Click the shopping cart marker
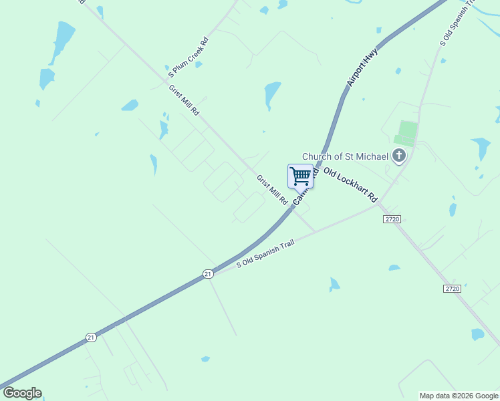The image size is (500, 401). pos(301,176)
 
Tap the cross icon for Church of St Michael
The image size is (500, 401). pos(398,156)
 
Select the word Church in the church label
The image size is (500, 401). pos(318,156)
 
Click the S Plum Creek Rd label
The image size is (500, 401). pos(188,53)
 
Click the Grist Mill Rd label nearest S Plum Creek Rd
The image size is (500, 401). pos(183,100)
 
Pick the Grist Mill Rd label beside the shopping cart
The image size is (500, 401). pos(272,190)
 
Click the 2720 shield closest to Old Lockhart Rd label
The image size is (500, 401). pos(392,219)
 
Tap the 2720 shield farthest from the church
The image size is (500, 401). pos(452,288)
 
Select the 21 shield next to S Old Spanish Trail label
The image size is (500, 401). pos(209,273)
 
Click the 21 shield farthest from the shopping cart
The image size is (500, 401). pos(91,338)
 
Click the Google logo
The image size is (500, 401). pos(22,393)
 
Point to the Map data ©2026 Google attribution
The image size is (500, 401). pos(459,396)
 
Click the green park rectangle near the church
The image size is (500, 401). pos(406,132)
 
